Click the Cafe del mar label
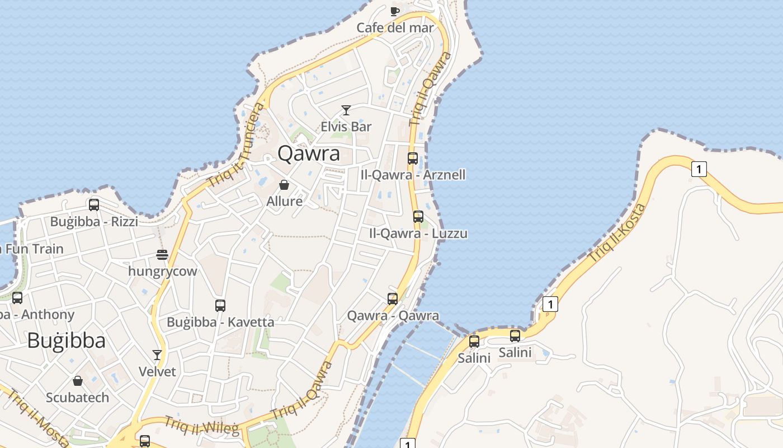coord(395,27)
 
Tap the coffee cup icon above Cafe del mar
coord(395,11)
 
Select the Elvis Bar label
coord(346,127)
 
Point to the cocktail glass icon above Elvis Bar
coord(346,110)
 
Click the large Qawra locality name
coord(309,153)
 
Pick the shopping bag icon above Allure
coord(284,185)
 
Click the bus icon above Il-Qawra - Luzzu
coord(418,217)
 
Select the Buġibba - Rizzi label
coord(94,222)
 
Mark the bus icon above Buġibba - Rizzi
coord(94,205)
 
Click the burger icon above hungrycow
coord(162,255)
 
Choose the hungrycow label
coord(163,272)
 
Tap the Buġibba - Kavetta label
coord(220,322)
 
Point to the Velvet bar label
coord(157,371)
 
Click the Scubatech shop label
coord(78,398)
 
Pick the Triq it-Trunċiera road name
coord(235,146)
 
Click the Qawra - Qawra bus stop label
coord(393,316)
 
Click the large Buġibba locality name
coord(66,340)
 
